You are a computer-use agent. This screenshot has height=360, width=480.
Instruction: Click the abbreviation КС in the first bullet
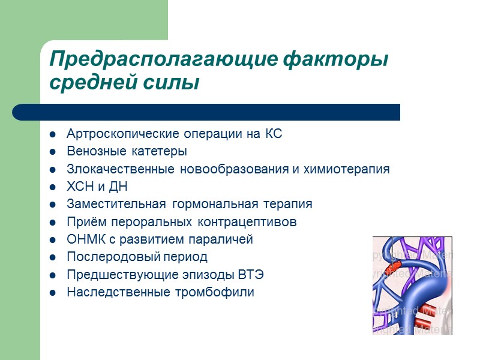click(273, 134)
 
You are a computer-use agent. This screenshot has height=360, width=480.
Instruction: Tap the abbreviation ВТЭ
click(251, 275)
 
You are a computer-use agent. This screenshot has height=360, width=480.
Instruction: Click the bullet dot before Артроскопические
click(53, 134)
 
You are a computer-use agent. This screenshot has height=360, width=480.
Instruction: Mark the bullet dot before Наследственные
click(53, 293)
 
